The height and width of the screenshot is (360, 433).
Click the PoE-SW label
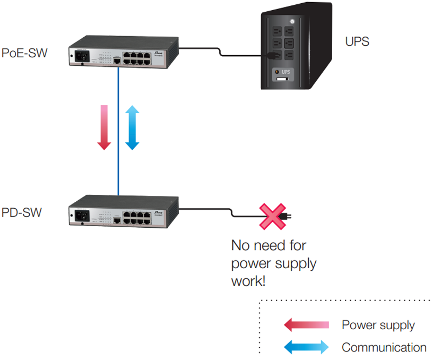click(x=24, y=53)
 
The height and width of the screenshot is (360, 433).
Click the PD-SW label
click(x=22, y=213)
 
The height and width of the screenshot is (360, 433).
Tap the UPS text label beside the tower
click(x=357, y=41)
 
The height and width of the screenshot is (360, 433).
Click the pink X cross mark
click(x=271, y=216)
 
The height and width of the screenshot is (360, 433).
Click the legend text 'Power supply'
click(x=378, y=325)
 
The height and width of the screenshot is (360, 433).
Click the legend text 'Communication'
click(x=384, y=347)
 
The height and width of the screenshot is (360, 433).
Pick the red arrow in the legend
click(x=306, y=325)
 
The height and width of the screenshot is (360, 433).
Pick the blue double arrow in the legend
click(x=306, y=348)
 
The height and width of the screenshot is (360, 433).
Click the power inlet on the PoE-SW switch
click(x=81, y=54)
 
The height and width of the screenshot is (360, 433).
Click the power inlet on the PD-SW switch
click(x=82, y=215)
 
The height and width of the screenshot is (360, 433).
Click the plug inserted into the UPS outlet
click(x=272, y=55)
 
